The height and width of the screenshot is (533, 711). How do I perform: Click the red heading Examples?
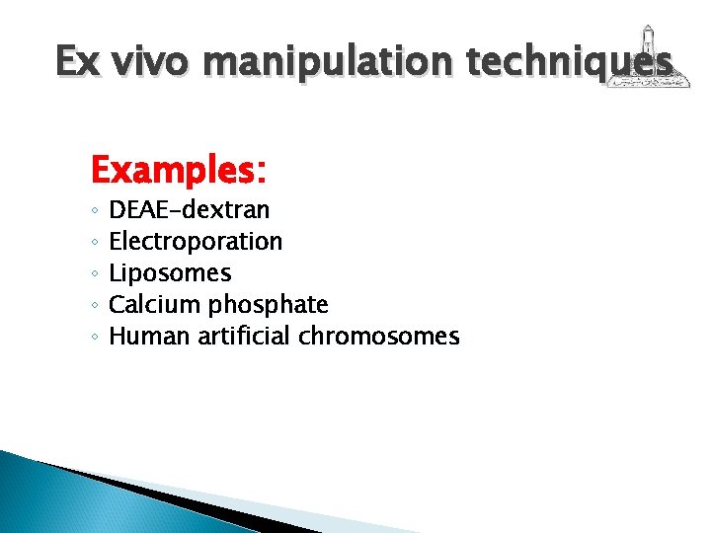pos(178,172)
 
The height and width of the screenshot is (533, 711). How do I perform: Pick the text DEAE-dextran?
pos(190,209)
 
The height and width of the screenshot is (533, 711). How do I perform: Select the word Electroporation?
pos(196,241)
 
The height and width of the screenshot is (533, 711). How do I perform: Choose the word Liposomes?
pos(170,272)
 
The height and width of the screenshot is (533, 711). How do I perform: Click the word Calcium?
pos(153,304)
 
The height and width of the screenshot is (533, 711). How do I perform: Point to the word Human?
pos(149,336)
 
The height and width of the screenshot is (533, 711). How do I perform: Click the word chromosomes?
pos(379,337)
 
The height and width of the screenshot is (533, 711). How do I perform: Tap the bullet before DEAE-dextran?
pos(93,211)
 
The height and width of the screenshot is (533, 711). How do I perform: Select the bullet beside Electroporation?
pos(93,243)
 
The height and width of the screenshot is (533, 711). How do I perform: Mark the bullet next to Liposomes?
pos(93,274)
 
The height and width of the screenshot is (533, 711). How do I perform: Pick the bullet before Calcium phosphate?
pos(93,306)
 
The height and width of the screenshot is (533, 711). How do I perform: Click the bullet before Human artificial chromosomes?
pos(93,338)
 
